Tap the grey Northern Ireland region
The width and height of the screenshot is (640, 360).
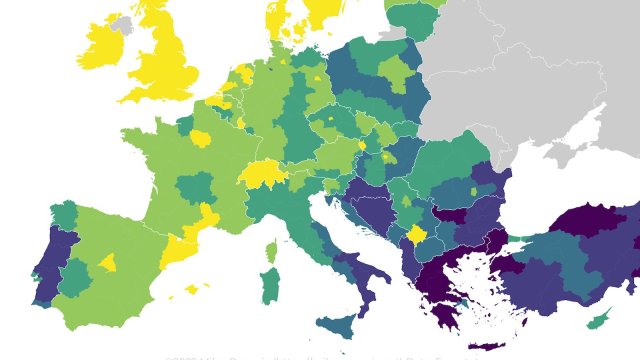tap(122, 23)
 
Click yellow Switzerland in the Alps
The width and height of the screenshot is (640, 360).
tap(263, 172)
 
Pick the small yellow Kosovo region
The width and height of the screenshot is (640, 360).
tap(416, 235)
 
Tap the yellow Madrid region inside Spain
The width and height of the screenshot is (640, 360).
tap(108, 263)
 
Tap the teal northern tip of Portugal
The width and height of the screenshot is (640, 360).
tap(63, 216)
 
